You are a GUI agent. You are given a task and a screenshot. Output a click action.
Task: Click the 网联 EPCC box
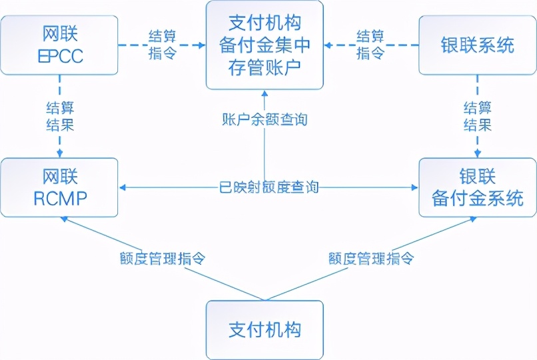59,45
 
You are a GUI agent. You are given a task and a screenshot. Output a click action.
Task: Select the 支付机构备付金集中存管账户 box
265,45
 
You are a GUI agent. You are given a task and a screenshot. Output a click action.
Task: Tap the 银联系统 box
477,45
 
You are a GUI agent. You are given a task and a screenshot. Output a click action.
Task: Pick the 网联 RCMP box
59,187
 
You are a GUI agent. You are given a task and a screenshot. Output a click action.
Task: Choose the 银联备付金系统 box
477,187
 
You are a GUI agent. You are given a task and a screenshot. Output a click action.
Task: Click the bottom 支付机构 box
265,329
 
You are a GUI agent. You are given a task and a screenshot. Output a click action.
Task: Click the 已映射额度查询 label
268,187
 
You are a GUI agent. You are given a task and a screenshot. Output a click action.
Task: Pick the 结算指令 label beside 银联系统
370,45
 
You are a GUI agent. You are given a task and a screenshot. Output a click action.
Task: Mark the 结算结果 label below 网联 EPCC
59,116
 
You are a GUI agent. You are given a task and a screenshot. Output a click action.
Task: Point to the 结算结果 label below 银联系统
477,116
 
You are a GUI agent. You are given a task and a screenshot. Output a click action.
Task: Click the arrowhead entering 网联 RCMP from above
59,154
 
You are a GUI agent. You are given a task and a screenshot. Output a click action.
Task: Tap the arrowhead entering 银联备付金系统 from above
477,154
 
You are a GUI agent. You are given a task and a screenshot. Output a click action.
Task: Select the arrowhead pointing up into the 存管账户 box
265,94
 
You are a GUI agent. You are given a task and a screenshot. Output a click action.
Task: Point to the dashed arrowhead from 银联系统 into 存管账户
329,45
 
